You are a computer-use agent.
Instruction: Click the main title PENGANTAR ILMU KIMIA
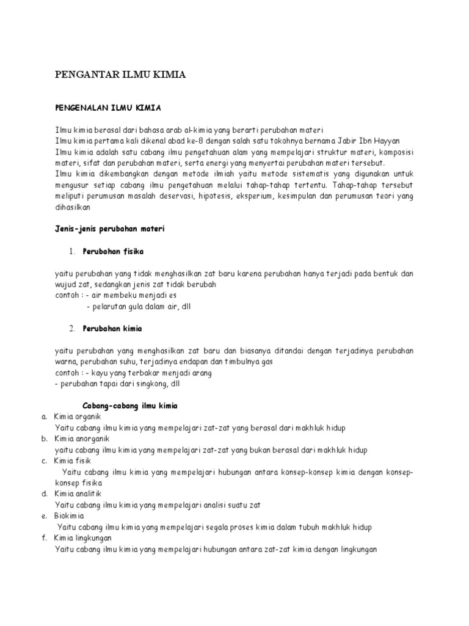(x=120, y=75)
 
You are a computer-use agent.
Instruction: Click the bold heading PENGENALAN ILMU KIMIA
(x=107, y=108)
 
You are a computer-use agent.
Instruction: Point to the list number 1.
(x=71, y=251)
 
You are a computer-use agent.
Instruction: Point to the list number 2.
(x=71, y=328)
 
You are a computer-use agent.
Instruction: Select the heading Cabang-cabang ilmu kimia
(x=130, y=405)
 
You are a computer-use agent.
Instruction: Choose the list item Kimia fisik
(x=71, y=461)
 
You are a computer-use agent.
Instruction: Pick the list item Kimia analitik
(x=77, y=493)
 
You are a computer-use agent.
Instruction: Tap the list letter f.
(x=45, y=538)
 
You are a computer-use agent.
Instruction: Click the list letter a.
(x=45, y=416)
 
